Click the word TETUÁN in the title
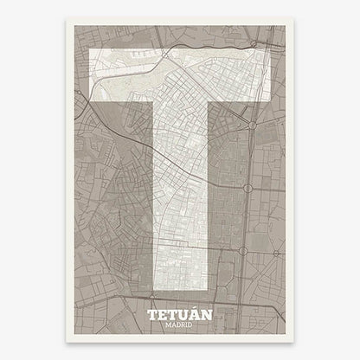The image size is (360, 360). [180, 316]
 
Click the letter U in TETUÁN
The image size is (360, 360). [184, 316]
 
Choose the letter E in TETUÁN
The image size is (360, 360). [164, 316]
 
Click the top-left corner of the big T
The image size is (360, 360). [91, 51]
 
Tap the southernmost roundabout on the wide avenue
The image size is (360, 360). [245, 252]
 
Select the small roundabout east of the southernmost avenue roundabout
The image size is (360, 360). [274, 254]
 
